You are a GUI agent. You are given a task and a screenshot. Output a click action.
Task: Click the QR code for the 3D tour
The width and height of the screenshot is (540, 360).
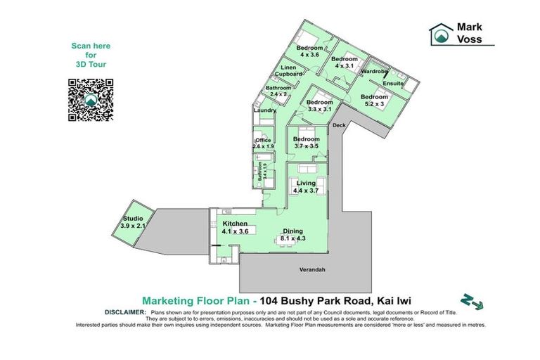click(91, 101)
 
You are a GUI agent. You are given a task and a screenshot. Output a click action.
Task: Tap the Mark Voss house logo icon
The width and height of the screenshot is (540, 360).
click(442, 33)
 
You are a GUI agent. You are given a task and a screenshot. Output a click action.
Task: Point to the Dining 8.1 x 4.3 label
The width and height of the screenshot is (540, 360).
click(292, 235)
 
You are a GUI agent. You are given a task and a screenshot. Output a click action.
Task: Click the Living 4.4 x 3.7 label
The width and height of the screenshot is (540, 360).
click(306, 186)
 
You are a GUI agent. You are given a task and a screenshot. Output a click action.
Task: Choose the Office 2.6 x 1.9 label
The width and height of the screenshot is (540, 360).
click(263, 143)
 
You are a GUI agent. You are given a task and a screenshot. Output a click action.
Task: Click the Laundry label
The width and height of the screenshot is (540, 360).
click(264, 110)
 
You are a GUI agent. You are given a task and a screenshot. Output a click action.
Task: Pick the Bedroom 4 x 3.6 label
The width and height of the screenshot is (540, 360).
click(309, 51)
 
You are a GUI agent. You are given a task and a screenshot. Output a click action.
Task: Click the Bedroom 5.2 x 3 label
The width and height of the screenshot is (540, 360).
click(374, 100)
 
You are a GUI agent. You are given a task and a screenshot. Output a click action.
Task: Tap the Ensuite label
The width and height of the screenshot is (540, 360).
click(393, 84)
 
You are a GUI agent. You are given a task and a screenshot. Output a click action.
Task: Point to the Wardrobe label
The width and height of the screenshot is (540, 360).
click(374, 72)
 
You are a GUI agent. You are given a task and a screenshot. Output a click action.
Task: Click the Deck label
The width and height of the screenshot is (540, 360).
click(340, 125)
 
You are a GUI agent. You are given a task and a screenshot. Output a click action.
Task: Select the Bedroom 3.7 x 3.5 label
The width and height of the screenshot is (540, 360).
click(307, 143)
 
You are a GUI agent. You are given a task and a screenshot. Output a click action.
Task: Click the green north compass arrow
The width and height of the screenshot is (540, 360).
click(472, 301)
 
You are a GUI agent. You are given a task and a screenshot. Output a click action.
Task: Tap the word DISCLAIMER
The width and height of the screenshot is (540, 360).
click(124, 311)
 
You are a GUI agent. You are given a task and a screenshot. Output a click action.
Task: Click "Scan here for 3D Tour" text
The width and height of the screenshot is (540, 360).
click(91, 55)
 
